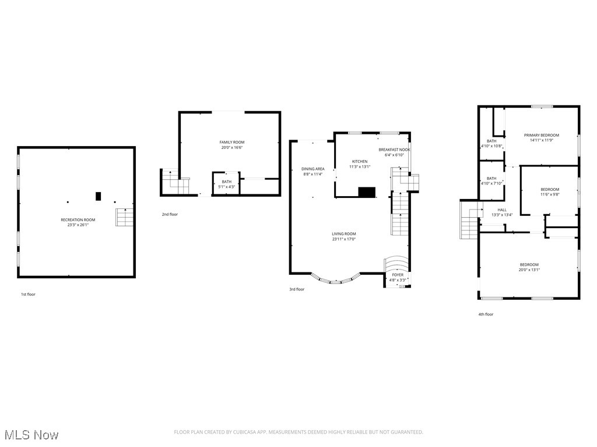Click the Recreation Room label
tap(78, 220)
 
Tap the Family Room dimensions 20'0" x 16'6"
tap(231, 148)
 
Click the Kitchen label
tap(360, 161)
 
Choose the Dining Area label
tap(312, 169)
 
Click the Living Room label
tap(344, 234)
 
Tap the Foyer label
tap(398, 275)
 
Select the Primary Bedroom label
tap(541, 135)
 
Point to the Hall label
tap(501, 210)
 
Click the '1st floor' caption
tap(28, 295)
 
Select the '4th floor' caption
tap(486, 314)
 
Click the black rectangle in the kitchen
tap(367, 192)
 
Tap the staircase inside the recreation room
tap(124, 217)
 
